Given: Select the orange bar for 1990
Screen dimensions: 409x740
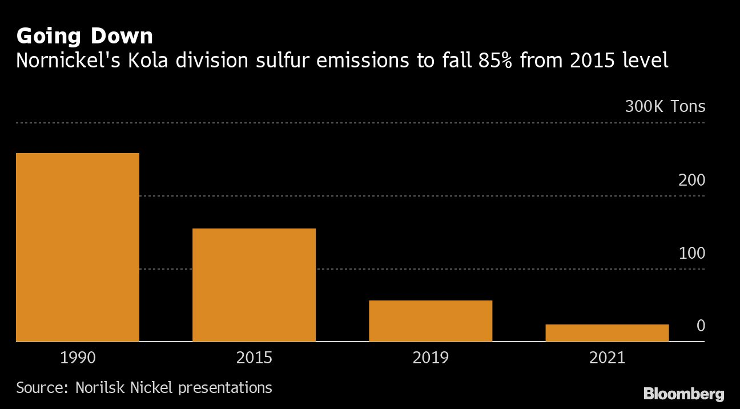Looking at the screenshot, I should pos(78,247).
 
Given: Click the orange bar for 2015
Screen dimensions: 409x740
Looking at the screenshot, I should pos(254,284).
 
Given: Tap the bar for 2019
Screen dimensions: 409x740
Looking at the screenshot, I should pos(430,320).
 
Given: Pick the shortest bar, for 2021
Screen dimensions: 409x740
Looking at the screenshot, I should pos(606,332).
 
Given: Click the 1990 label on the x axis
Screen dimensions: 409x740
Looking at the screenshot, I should pos(78,358).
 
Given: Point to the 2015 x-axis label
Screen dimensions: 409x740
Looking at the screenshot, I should pos(254,358).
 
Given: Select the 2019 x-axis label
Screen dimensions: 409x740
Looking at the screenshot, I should pos(430,358).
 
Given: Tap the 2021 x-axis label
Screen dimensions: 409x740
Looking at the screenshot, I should pos(606,358).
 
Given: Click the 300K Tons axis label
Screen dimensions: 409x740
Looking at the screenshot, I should pos(665,107).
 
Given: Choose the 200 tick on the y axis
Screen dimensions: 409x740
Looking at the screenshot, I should pos(692,180).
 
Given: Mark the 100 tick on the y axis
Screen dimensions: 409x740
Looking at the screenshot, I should pos(692,253).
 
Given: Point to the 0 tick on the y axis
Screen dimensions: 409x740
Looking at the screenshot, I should pos(701,326).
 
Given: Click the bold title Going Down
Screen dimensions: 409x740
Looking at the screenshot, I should pos(85,37).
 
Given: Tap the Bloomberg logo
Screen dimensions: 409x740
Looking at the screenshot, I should pos(683,394).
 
